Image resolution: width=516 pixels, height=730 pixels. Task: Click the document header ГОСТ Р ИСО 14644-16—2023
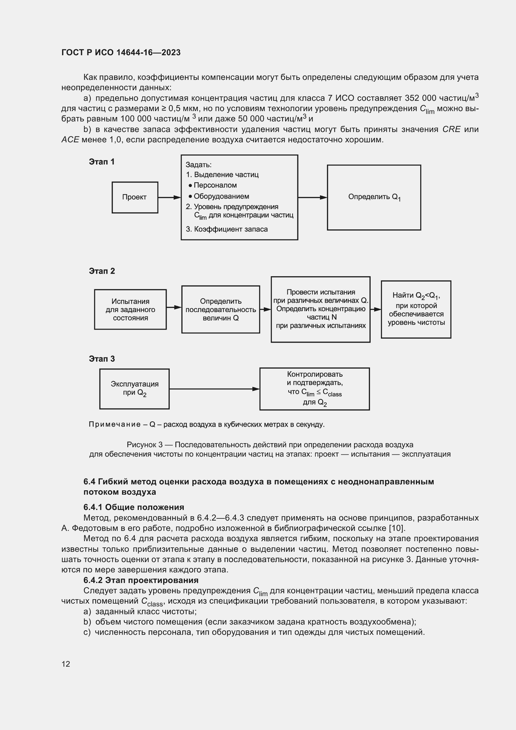[x=121, y=52]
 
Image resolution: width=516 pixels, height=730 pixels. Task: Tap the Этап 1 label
[x=102, y=162]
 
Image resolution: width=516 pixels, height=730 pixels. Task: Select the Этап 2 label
[x=102, y=271]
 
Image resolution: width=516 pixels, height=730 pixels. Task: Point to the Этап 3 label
[x=102, y=359]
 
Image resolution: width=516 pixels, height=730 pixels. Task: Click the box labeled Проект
[x=135, y=198]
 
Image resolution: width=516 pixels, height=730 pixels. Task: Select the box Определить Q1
[x=374, y=198]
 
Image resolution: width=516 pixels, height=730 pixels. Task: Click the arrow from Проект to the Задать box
[x=169, y=198]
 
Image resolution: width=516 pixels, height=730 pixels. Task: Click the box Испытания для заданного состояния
[x=130, y=309]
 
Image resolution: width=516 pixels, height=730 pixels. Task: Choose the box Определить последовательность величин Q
[x=221, y=309]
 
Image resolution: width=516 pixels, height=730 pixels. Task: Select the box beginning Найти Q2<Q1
[x=416, y=309]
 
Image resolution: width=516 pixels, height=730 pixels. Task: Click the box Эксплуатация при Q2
[x=134, y=389]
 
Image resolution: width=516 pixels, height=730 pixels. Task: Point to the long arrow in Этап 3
[x=214, y=389]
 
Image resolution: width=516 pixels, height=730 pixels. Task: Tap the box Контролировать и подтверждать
[x=314, y=389]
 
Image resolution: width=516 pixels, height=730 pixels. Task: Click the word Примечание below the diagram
[x=115, y=424]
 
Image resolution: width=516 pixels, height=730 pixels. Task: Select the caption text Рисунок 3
[x=144, y=445]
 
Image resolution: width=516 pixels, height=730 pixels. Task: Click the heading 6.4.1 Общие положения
[x=134, y=507]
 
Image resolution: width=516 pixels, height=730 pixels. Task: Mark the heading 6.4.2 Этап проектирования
[x=141, y=580]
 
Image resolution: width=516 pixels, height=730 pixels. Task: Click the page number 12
[x=66, y=664]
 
